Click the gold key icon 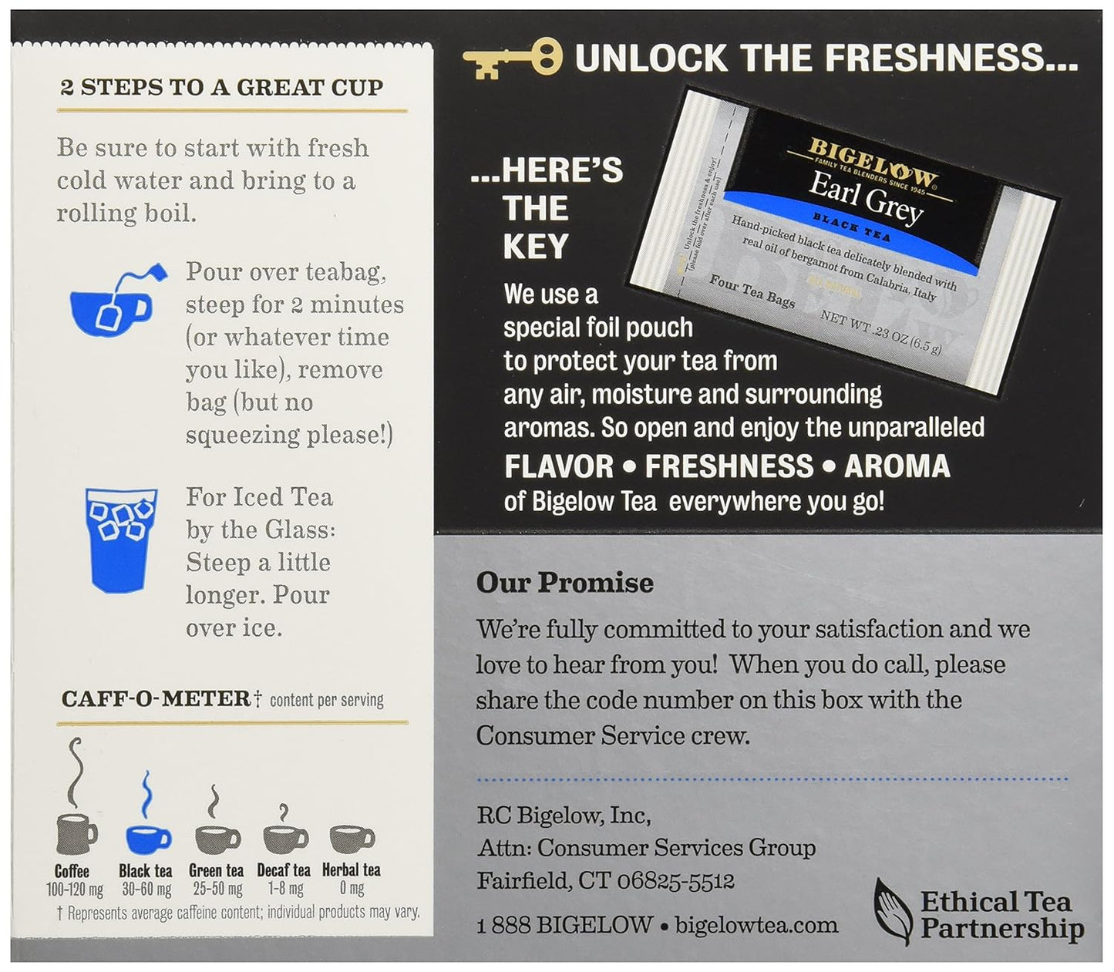coord(512,59)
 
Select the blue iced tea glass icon coord(121,540)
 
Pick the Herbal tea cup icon coord(352,839)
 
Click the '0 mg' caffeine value coord(352,890)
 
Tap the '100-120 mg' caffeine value coord(75,890)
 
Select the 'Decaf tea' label coord(284,870)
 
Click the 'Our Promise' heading coord(564,583)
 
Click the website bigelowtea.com coord(756,925)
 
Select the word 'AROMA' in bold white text coord(897,466)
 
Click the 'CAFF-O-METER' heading coord(156,698)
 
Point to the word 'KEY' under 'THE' coord(536,247)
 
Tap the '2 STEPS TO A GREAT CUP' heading coord(221,88)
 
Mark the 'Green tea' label coord(216,870)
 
